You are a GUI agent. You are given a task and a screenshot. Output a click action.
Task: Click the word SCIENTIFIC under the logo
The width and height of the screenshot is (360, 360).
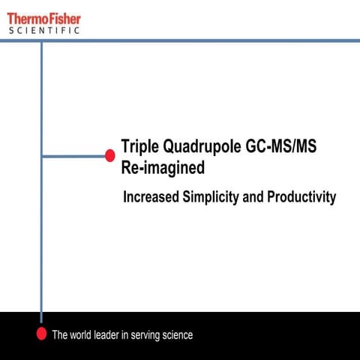click(x=43, y=30)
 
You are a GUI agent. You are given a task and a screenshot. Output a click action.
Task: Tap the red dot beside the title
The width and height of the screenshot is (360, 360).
click(x=109, y=155)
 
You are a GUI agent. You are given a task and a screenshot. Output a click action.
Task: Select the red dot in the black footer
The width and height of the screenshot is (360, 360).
click(x=42, y=334)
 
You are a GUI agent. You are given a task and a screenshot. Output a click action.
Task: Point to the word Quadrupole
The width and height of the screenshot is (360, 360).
click(x=201, y=147)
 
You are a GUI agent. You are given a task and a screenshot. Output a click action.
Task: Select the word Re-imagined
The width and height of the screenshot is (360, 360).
click(x=163, y=168)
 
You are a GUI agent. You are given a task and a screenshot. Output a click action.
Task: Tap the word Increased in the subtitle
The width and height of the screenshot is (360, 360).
click(x=152, y=198)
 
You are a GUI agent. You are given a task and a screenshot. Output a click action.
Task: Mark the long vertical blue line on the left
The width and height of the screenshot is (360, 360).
click(x=41, y=225)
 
